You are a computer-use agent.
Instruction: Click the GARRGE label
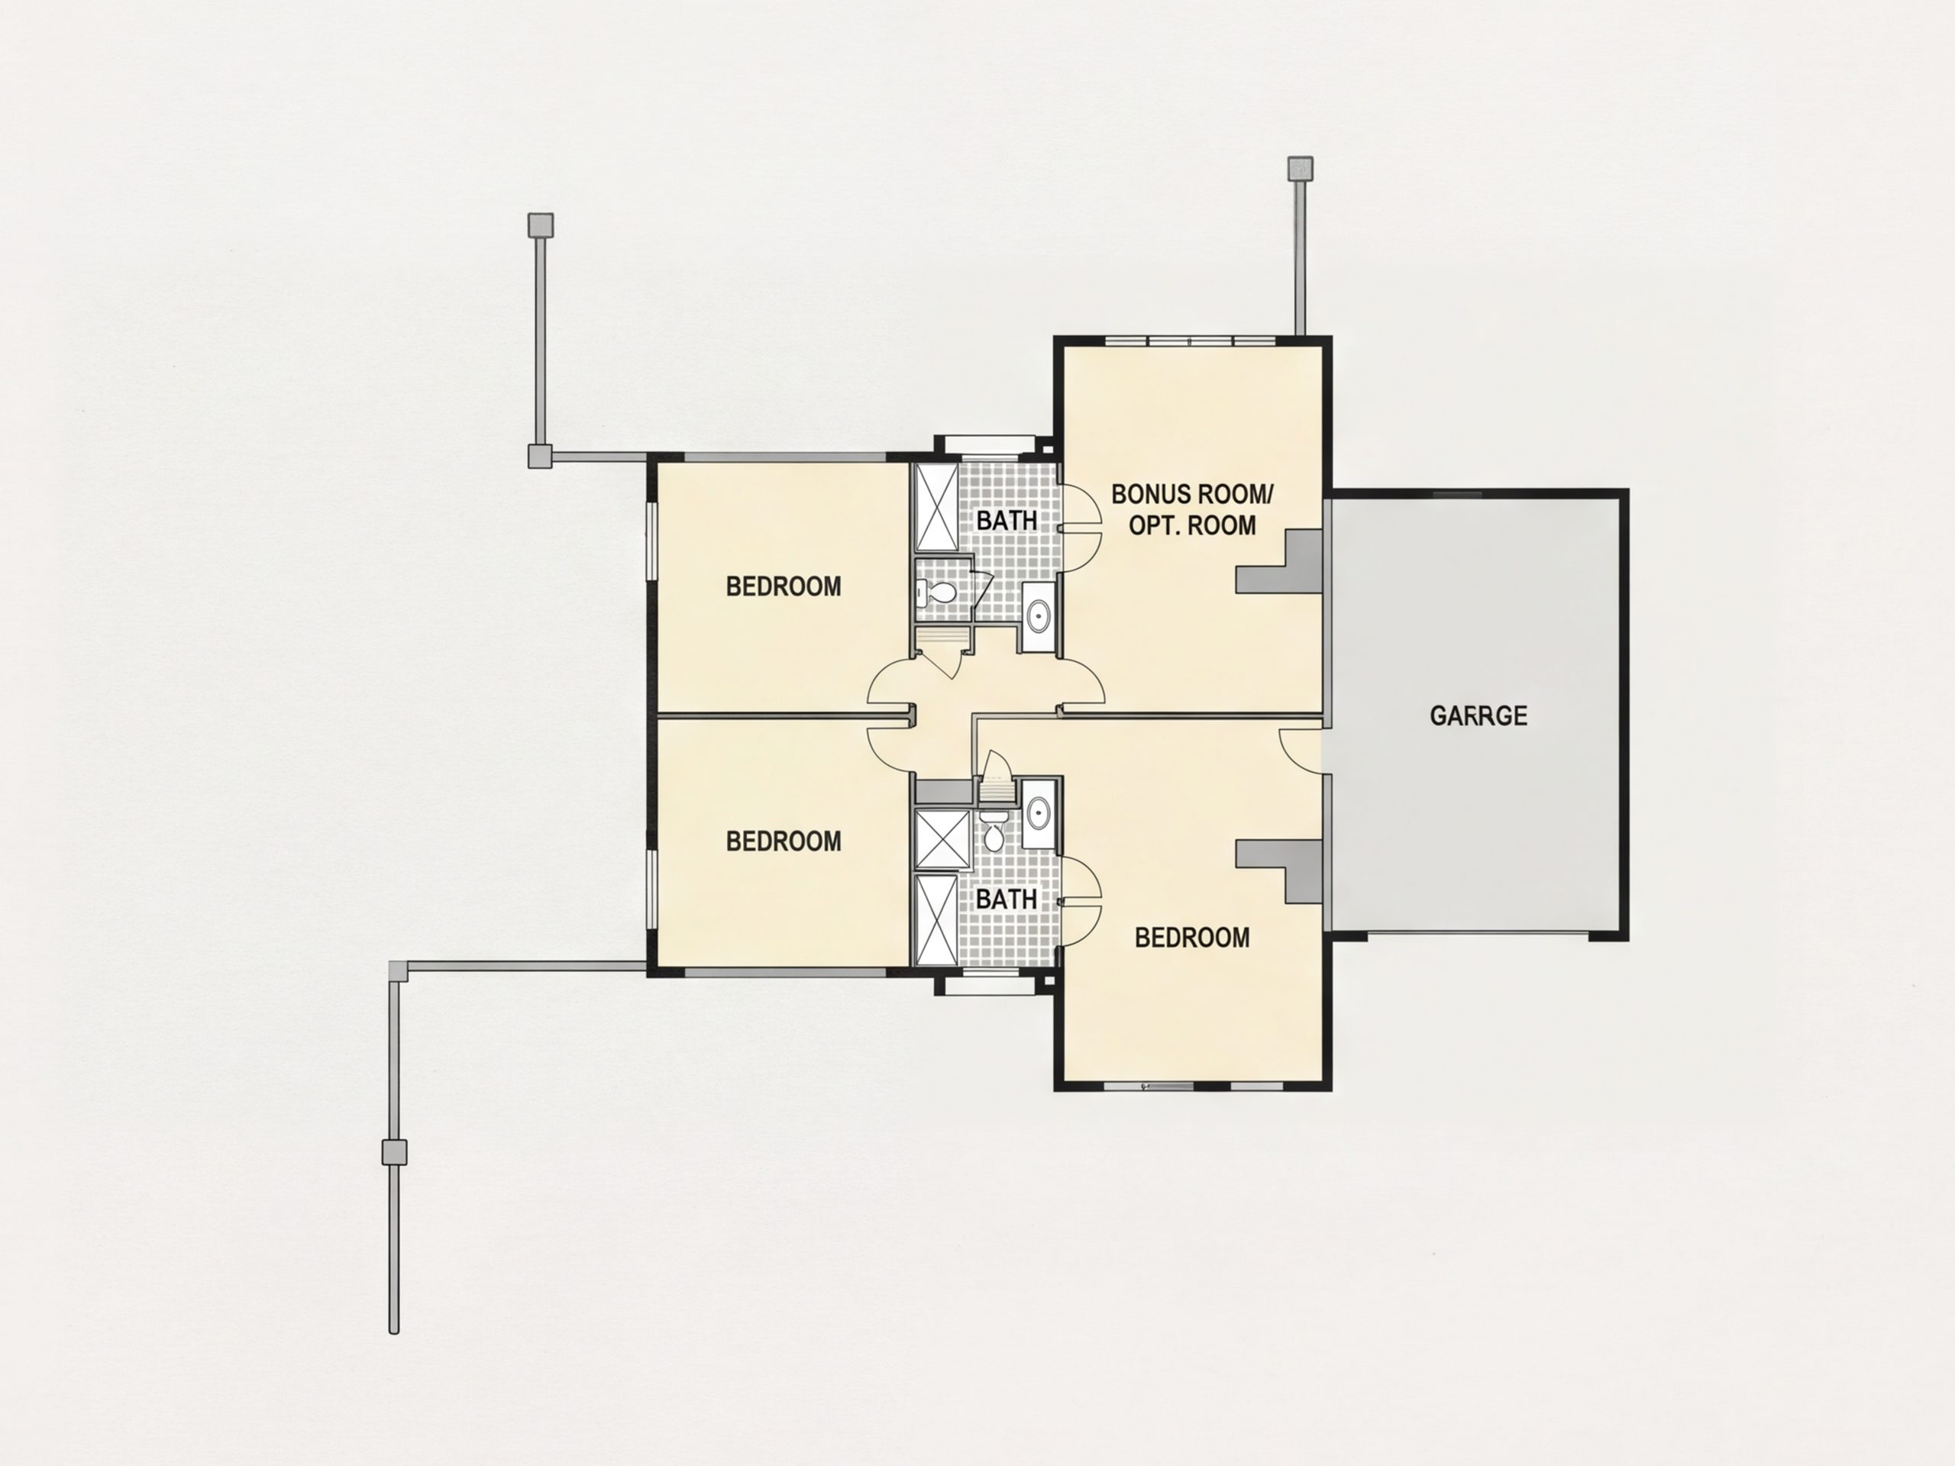point(1478,715)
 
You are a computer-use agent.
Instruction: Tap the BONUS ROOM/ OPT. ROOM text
point(1192,509)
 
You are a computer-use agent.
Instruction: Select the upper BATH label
point(1007,521)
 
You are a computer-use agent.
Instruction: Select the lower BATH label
point(1007,899)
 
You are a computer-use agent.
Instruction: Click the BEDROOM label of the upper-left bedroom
point(783,586)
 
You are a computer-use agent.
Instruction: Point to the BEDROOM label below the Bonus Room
point(1192,938)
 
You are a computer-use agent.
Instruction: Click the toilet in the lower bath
point(994,835)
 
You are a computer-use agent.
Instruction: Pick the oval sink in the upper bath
point(1039,614)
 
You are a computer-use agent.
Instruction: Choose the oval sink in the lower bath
point(1039,811)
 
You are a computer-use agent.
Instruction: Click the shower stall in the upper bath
point(935,506)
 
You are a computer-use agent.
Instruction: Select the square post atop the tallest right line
point(1300,169)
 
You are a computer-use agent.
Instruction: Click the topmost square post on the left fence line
point(541,224)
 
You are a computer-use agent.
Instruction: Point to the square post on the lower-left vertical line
point(394,1151)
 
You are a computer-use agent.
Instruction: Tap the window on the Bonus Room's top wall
point(1191,341)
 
